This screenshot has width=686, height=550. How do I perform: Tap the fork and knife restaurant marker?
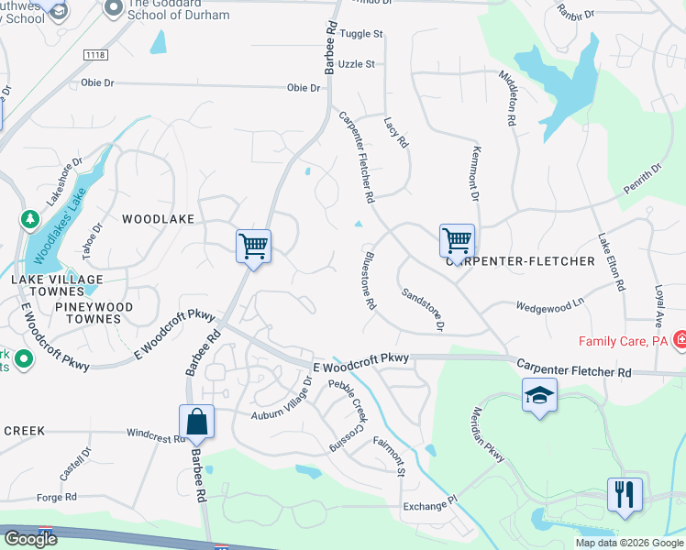point(625,495)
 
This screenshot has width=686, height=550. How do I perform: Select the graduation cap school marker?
point(539,396)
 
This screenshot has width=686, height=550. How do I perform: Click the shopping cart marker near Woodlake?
point(253,247)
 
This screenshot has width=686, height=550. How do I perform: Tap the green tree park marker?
point(28,220)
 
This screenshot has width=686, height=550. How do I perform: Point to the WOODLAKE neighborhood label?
point(159,219)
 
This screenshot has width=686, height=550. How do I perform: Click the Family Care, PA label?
point(623,342)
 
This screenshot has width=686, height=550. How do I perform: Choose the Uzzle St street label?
point(357,64)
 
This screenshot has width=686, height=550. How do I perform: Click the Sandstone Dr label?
point(424,310)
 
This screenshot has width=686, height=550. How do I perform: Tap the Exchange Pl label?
point(428,505)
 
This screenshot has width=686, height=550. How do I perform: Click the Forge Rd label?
point(57,498)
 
